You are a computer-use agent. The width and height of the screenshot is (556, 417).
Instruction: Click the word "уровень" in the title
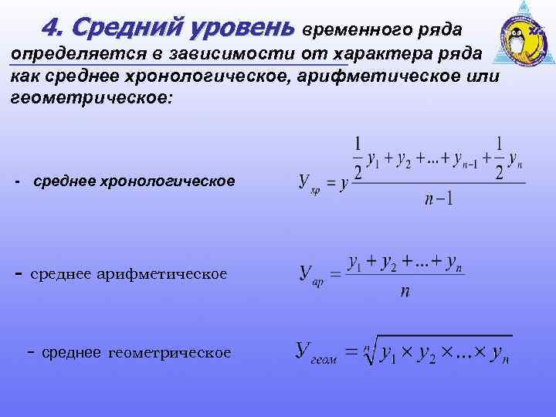(x=248, y=29)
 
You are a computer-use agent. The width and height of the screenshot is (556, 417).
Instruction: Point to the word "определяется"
(x=64, y=55)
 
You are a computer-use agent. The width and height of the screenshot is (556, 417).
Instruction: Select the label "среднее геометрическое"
(x=136, y=352)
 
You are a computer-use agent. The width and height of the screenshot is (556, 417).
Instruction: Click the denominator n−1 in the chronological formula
(x=439, y=199)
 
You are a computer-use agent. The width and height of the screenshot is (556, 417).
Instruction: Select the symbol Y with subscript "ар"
(x=310, y=274)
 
